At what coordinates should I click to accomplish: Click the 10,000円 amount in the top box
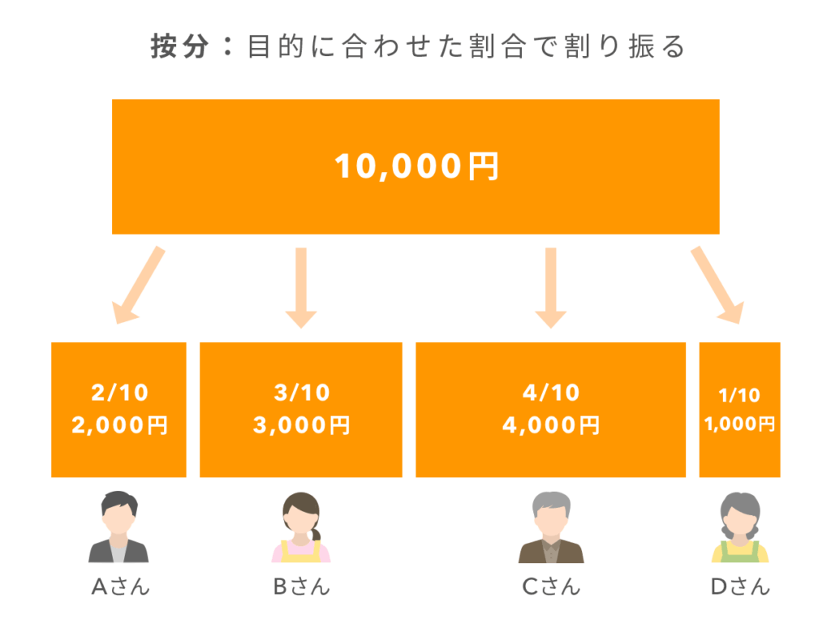[415, 166]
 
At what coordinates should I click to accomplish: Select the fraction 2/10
[119, 394]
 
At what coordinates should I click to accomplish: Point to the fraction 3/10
[301, 394]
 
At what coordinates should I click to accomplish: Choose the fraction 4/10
[550, 394]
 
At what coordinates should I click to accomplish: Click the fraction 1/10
[739, 395]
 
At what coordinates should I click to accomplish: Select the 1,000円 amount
[739, 424]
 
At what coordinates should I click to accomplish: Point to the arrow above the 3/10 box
[301, 287]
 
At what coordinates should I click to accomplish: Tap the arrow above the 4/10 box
[550, 287]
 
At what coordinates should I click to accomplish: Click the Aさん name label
[120, 587]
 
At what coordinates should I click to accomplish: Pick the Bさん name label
[301, 587]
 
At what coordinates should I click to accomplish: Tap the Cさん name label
[550, 587]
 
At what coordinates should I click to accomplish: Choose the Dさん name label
[739, 587]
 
